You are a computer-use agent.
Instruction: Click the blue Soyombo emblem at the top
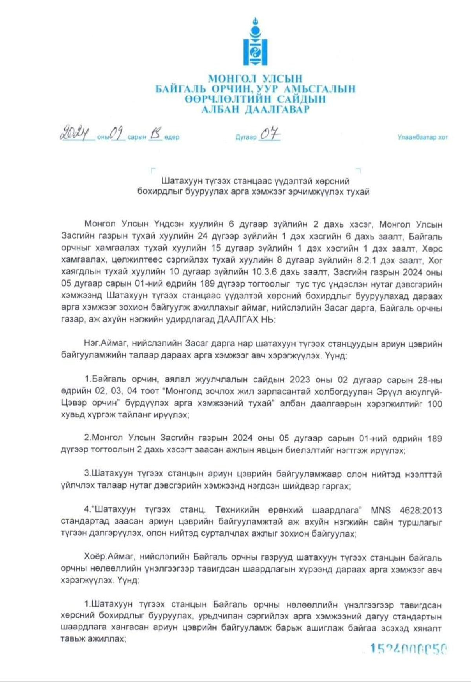click(255, 42)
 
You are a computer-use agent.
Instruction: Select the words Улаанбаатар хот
click(422, 137)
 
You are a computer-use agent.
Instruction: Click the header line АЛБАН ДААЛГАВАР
click(256, 110)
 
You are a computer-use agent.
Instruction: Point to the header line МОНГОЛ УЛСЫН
click(255, 79)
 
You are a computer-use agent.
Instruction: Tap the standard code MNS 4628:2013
click(406, 510)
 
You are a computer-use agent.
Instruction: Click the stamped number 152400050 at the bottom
click(408, 649)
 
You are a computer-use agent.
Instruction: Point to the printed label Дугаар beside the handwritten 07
click(246, 137)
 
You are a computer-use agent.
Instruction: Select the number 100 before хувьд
click(434, 404)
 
